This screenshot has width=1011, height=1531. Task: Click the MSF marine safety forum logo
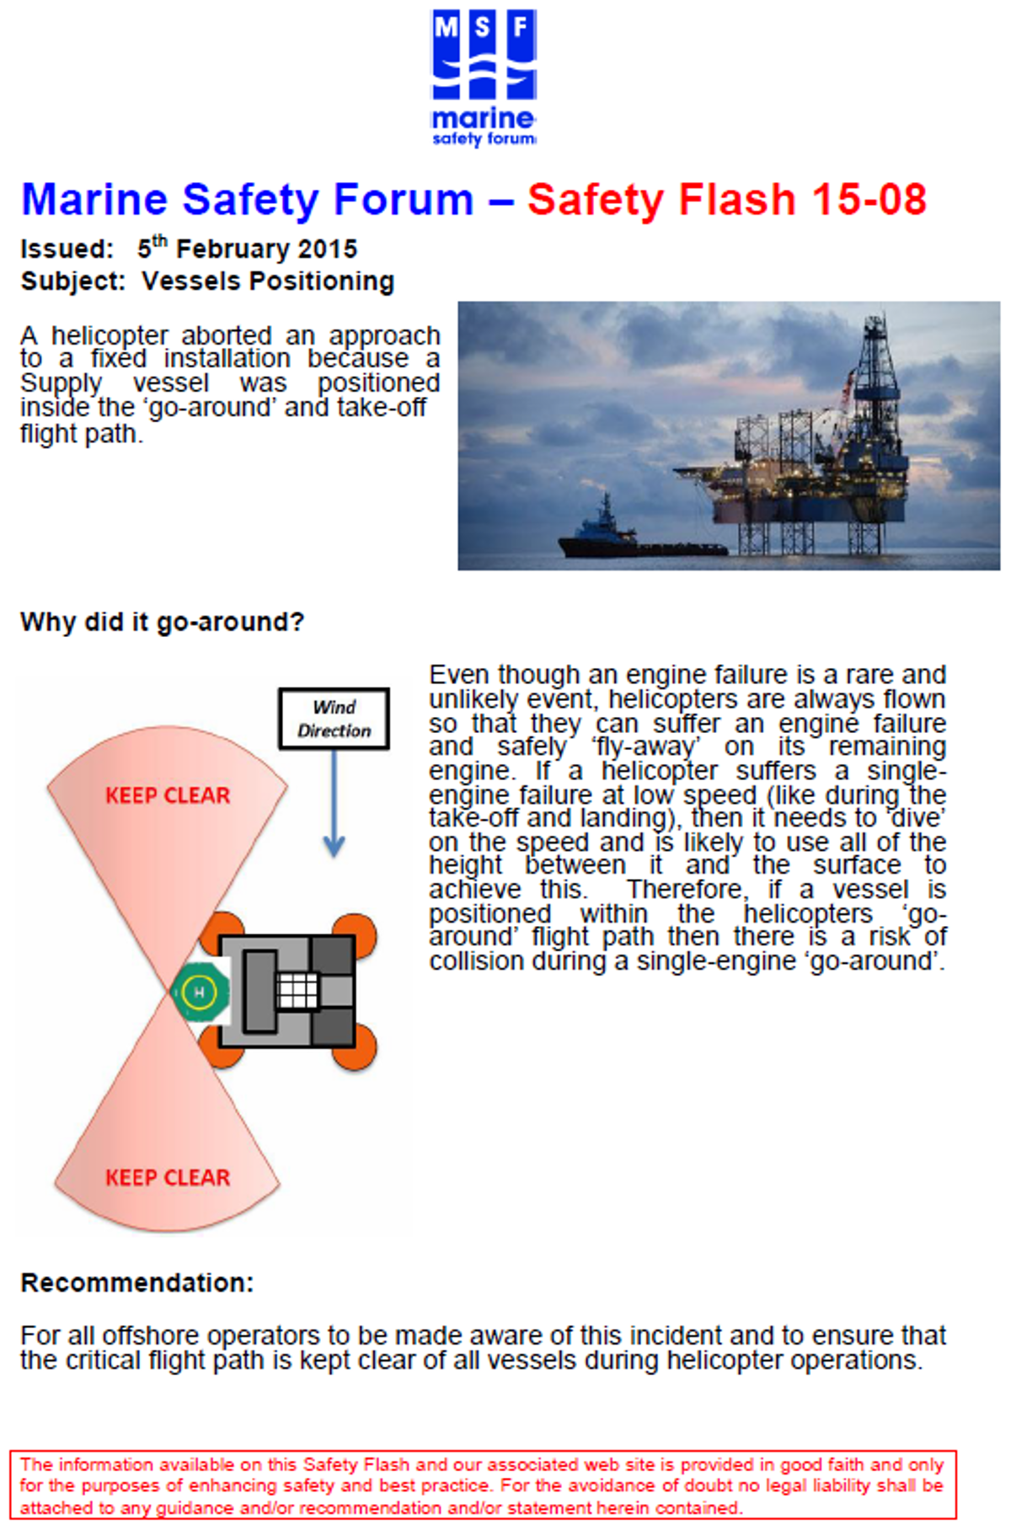pyautogui.click(x=484, y=78)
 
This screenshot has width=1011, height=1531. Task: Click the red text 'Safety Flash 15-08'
pyautogui.click(x=727, y=201)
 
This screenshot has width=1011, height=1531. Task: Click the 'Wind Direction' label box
pyautogui.click(x=334, y=719)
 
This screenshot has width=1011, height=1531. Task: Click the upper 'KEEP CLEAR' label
pyautogui.click(x=168, y=795)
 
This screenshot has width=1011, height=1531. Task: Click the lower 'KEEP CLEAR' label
pyautogui.click(x=168, y=1177)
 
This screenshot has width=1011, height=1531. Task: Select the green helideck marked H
pyautogui.click(x=200, y=992)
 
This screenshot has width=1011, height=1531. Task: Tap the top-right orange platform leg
pyautogui.click(x=355, y=934)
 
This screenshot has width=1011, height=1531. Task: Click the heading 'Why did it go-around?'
pyautogui.click(x=162, y=623)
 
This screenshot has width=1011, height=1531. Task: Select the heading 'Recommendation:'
pyautogui.click(x=137, y=1282)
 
